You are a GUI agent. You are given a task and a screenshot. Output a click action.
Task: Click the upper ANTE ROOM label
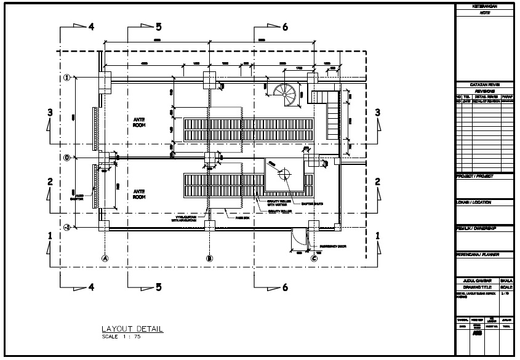click(x=139, y=122)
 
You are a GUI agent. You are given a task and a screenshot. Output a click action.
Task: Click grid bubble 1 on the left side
click(x=67, y=78)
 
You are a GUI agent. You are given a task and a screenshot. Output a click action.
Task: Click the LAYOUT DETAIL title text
click(x=132, y=329)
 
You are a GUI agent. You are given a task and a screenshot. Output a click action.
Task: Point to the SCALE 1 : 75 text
click(x=122, y=337)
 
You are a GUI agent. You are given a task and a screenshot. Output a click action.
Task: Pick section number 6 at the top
click(x=285, y=27)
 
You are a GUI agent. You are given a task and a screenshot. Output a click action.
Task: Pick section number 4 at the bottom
click(x=91, y=287)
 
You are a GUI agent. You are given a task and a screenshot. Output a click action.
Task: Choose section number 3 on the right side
click(x=378, y=112)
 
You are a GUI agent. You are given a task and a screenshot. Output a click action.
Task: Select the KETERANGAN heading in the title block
click(x=484, y=6)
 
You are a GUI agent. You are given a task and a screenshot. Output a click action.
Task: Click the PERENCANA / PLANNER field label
click(x=478, y=254)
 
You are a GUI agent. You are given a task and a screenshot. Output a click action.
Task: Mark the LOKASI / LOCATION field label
click(x=474, y=202)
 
